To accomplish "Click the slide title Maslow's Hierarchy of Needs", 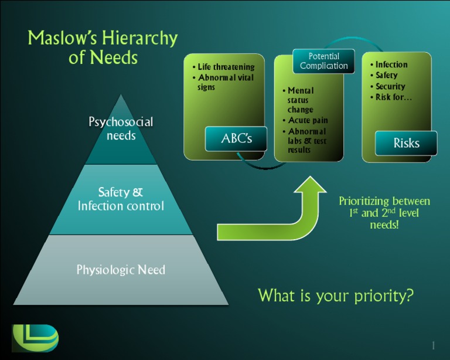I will pos(103,48).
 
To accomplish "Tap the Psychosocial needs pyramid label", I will pos(121,129).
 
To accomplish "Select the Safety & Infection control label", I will pos(121,199).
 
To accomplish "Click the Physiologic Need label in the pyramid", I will pos(121,270).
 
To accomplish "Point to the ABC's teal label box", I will pos(236,139).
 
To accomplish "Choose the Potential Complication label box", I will pos(324,61).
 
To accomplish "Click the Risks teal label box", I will pos(406,143).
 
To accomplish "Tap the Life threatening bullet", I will pos(226,67).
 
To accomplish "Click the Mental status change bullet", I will pos(301,100).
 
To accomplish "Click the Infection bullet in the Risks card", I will pos(391,64).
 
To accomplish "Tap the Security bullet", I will pos(390,86).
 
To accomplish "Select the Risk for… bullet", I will pos(393,97).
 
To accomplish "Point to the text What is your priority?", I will pos(336,296).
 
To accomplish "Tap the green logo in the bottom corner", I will pos(35,338).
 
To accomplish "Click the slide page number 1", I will pos(433,345).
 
